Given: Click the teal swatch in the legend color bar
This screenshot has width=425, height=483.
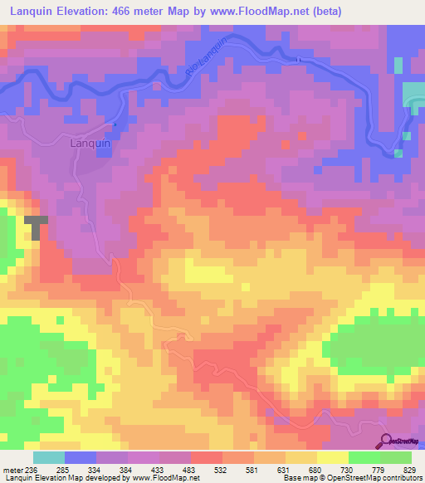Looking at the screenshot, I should (49, 457).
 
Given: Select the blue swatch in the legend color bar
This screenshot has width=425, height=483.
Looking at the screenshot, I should (81, 457).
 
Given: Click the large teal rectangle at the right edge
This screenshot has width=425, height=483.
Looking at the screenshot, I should (413, 95).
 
